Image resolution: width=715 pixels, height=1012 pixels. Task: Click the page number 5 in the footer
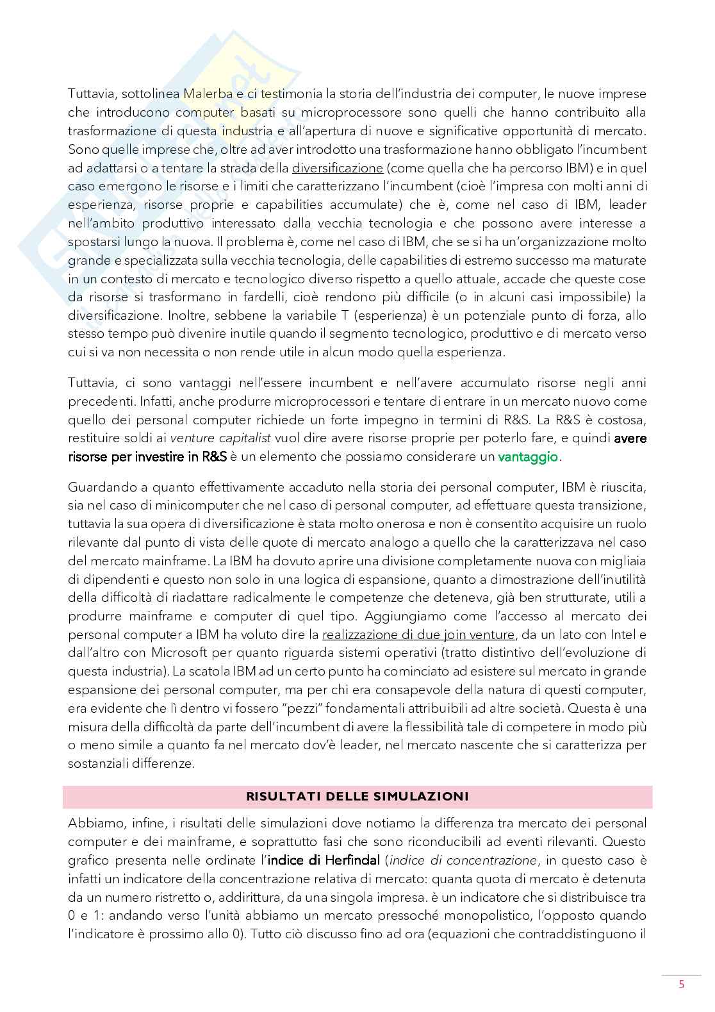click(x=682, y=984)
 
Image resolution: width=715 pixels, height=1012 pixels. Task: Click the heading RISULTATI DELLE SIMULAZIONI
click(x=357, y=797)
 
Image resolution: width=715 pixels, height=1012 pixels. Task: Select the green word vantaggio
click(x=528, y=457)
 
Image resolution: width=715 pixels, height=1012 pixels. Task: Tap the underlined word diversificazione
click(x=337, y=168)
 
